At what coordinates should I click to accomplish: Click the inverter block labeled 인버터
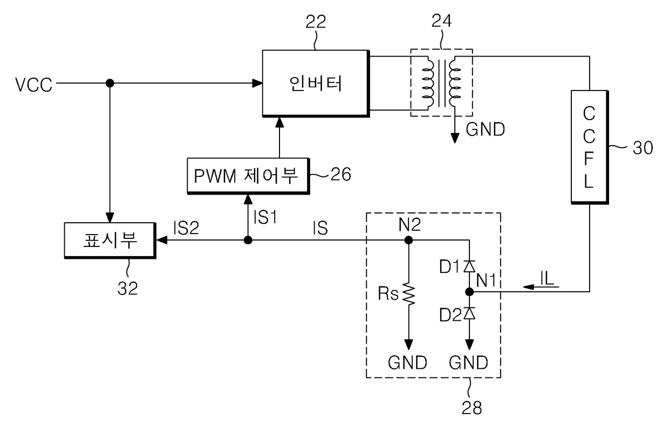(316, 83)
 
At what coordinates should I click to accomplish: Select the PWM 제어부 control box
(248, 176)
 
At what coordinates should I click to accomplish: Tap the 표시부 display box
(110, 240)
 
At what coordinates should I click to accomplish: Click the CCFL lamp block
(590, 147)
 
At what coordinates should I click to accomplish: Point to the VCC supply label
(34, 85)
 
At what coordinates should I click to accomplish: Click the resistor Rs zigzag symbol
(408, 294)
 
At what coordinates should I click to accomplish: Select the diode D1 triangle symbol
(469, 266)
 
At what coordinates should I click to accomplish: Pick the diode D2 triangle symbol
(469, 313)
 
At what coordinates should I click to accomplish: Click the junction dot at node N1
(469, 292)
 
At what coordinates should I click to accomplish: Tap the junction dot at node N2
(408, 240)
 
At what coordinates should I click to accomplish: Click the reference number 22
(316, 22)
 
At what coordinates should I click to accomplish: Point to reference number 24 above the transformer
(441, 21)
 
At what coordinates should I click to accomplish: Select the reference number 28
(472, 408)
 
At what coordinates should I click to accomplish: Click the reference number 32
(127, 288)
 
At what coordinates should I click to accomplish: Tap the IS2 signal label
(186, 228)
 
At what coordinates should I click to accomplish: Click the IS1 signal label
(265, 217)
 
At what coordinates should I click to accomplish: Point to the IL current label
(547, 278)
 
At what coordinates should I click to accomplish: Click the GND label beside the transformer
(486, 129)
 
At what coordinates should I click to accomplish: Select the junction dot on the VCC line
(110, 83)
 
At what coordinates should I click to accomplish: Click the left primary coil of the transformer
(428, 82)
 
